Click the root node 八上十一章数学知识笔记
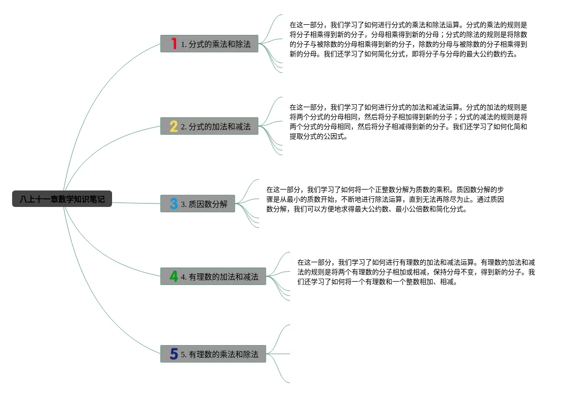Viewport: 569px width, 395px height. (x=62, y=199)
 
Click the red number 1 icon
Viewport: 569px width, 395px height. (x=174, y=44)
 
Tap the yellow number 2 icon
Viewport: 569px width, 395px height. (x=174, y=126)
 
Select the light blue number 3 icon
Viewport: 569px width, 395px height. (x=174, y=204)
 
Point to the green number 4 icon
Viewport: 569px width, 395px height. (x=174, y=276)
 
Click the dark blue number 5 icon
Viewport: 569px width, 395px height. (x=174, y=354)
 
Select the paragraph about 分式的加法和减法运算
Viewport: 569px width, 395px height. (x=408, y=122)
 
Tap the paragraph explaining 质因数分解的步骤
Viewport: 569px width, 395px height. (x=386, y=199)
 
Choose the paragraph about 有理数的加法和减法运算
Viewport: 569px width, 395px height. (x=416, y=272)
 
